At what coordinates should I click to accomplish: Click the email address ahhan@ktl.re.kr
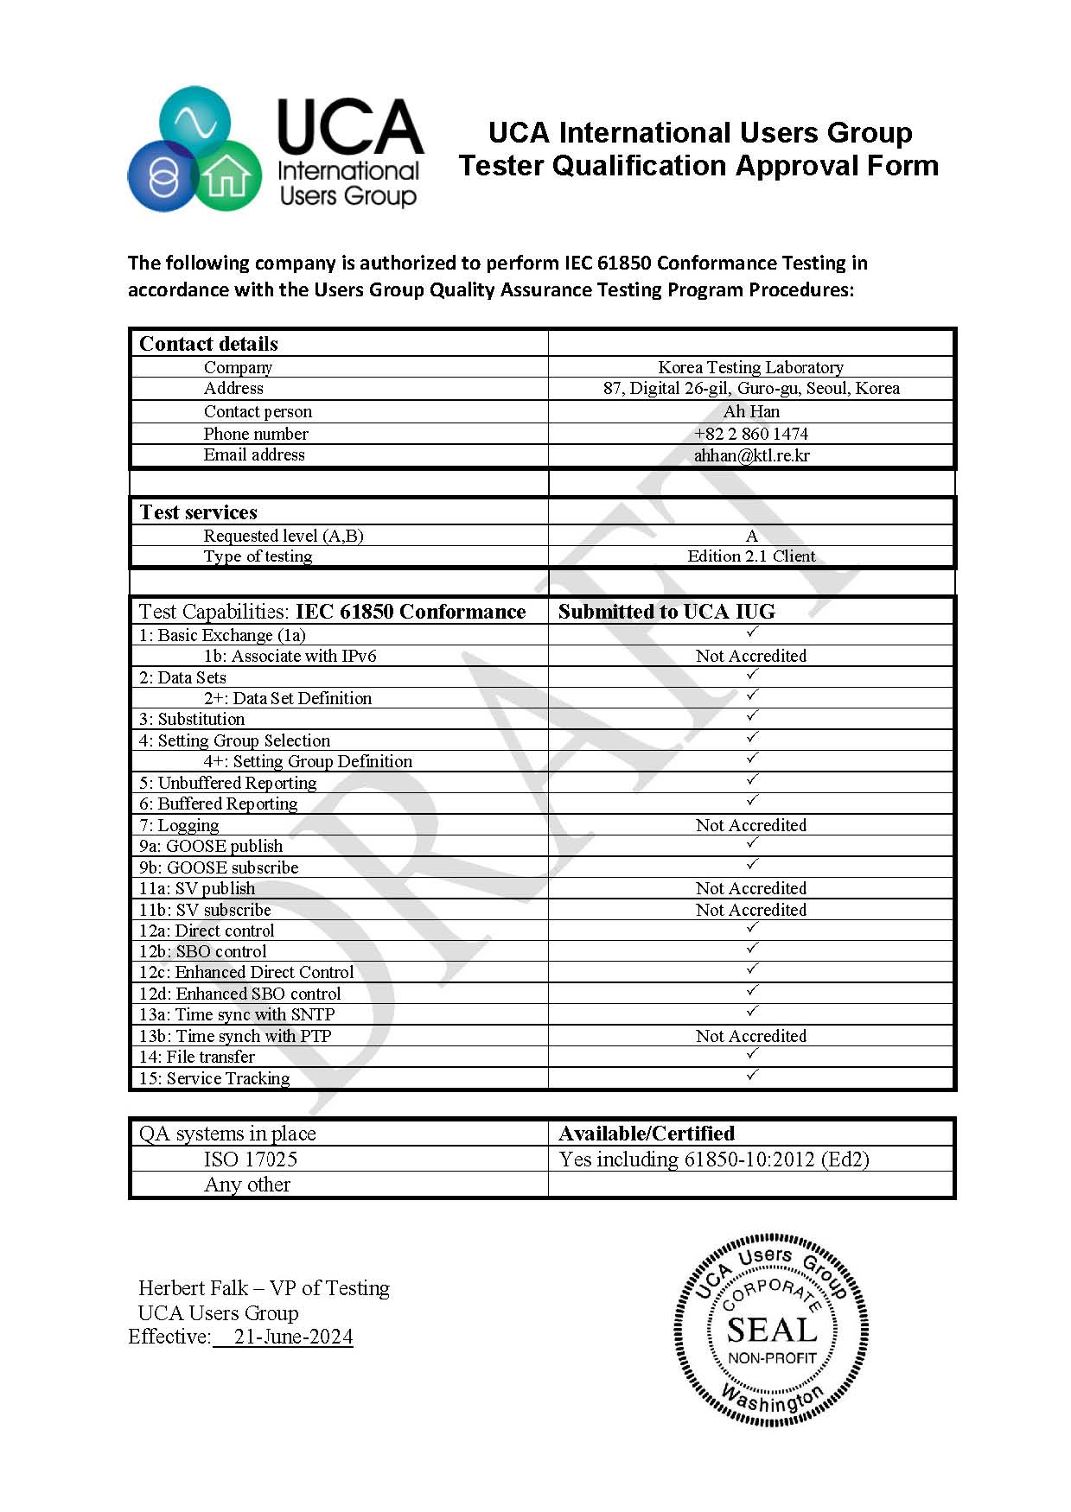coord(751,455)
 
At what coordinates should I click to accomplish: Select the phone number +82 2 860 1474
coord(751,434)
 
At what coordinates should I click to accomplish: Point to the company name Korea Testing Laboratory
coord(750,367)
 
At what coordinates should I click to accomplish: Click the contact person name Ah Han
coord(751,411)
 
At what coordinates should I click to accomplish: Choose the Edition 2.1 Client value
coord(751,556)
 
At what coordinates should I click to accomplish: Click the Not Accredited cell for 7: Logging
coord(751,825)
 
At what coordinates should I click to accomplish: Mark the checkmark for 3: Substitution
coord(752,715)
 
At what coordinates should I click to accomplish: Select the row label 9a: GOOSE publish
coord(211,846)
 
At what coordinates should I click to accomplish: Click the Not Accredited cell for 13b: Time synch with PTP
coord(751,1036)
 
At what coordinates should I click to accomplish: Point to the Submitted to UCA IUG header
coord(666,612)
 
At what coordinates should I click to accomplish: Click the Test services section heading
coord(199,512)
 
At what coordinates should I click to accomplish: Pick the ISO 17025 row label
coord(251,1159)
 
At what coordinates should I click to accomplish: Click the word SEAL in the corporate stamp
coord(771,1330)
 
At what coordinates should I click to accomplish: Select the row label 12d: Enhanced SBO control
coord(240,994)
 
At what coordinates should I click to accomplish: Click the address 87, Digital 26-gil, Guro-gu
coord(751,389)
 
